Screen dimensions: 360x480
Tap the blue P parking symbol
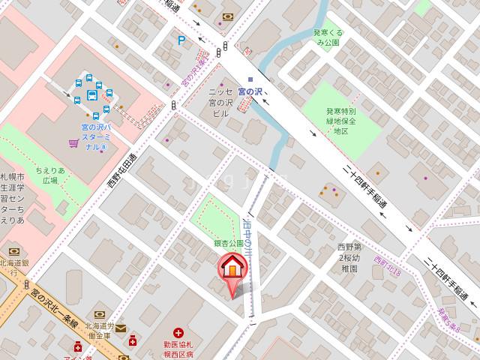(181, 40)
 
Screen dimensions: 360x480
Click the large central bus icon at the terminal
(92, 95)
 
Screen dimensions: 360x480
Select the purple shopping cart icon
(73, 142)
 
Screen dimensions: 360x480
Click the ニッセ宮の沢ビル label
(220, 102)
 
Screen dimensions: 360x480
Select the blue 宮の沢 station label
(250, 91)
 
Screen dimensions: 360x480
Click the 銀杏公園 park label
(229, 244)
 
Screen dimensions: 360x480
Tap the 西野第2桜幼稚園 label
(349, 256)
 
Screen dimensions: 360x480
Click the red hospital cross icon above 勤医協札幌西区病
(178, 332)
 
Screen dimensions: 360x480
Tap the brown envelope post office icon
(121, 328)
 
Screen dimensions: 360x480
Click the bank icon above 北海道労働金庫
(99, 314)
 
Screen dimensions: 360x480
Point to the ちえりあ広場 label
(50, 175)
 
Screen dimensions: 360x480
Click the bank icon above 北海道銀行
(13, 252)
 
